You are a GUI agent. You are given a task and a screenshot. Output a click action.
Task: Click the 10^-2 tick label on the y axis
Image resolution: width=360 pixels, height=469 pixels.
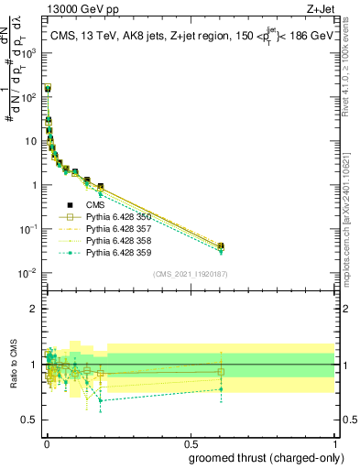[30, 273]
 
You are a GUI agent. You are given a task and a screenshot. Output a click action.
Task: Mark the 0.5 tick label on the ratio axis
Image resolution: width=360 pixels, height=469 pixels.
[30, 421]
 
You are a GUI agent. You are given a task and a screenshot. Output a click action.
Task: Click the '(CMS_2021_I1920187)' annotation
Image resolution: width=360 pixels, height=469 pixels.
[189, 273]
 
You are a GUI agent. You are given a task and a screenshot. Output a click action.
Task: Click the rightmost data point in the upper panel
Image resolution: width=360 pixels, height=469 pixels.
[221, 245]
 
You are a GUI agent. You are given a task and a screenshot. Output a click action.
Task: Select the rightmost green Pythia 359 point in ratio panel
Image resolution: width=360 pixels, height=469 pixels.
[221, 389]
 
